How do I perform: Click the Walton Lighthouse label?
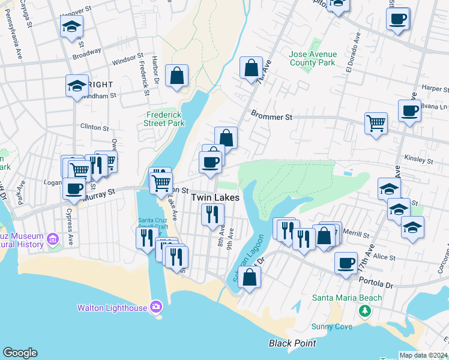click(112, 308)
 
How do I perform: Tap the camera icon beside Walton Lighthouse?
click(156, 307)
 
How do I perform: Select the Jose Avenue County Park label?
click(313, 58)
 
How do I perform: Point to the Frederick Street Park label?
click(164, 119)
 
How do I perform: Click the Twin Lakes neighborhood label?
click(215, 197)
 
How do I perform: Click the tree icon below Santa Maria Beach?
click(364, 311)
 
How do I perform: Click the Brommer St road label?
click(271, 116)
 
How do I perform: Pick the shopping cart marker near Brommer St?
click(376, 124)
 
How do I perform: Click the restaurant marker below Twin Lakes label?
click(212, 214)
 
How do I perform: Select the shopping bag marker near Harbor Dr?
click(176, 76)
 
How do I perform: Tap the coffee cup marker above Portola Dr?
click(346, 262)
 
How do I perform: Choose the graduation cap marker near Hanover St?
click(71, 26)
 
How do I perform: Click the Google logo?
click(20, 353)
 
